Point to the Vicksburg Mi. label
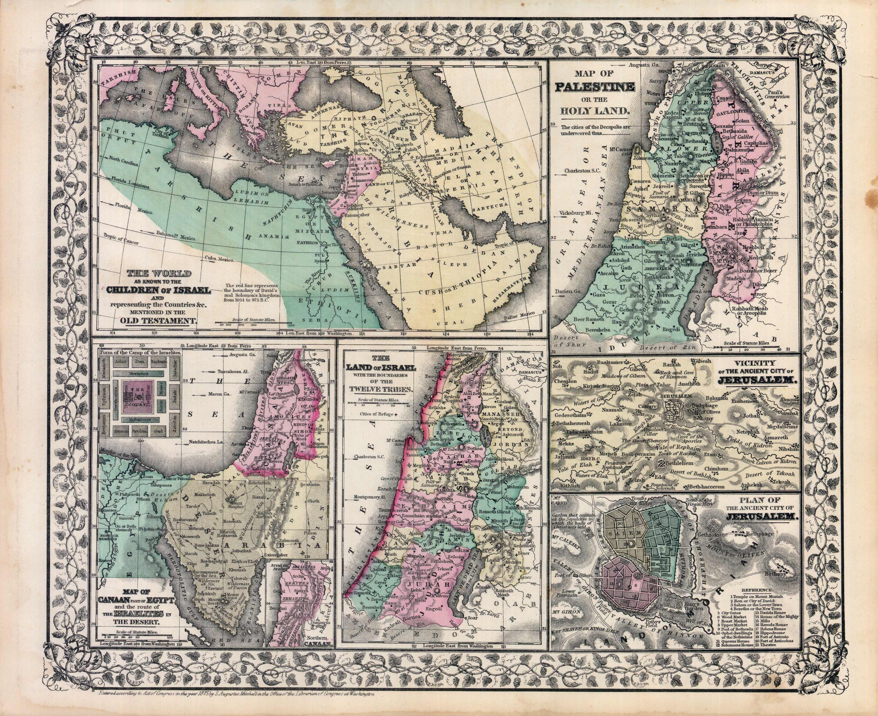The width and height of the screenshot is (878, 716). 572,213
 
